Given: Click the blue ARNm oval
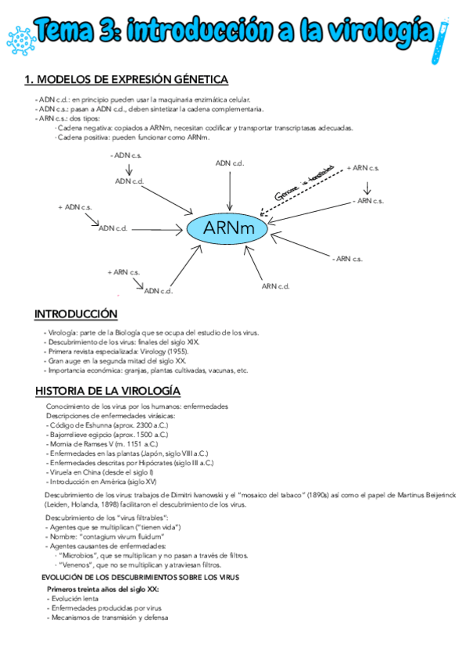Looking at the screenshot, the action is (x=226, y=228).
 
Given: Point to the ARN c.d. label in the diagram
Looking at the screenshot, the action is (x=276, y=286).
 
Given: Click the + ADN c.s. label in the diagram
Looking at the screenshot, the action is (x=75, y=207).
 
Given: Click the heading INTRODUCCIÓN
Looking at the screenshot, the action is (x=75, y=314).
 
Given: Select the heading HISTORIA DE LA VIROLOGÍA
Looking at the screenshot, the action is (x=108, y=390).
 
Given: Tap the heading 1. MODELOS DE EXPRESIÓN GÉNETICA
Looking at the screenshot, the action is (x=126, y=80).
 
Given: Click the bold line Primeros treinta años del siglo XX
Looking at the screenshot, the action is (x=103, y=589).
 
